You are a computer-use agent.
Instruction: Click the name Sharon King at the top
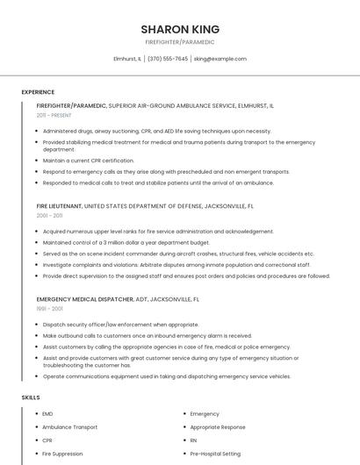pos(180,29)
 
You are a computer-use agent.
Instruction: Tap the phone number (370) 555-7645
pos(168,59)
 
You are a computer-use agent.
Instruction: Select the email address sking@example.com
pos(220,59)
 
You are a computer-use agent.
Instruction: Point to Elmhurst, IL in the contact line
pos(127,59)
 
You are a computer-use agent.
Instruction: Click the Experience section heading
pos(38,92)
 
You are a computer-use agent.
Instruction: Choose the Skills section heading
pos(31,397)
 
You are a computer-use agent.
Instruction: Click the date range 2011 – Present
pos(54,115)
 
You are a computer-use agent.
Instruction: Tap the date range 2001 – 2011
pos(50,215)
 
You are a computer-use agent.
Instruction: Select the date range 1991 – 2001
pos(49,308)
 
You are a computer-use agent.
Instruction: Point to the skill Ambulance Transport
pos(70,426)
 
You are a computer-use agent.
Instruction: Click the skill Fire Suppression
pos(62,454)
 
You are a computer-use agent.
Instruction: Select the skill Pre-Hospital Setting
pos(215,454)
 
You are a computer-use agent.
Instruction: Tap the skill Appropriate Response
pos(218,426)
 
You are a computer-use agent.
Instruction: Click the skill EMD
pos(47,413)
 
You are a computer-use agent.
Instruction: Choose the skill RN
pos(193,440)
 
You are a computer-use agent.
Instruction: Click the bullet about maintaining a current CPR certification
pos(88,161)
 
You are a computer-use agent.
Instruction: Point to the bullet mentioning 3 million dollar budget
pos(126,242)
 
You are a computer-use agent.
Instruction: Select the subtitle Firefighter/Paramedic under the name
pos(180,42)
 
